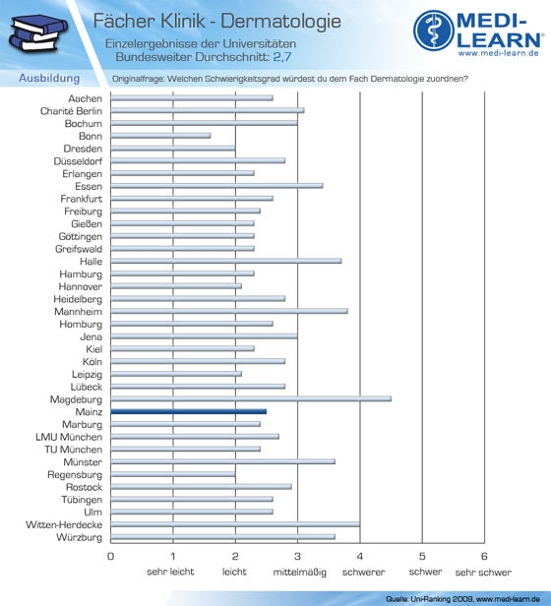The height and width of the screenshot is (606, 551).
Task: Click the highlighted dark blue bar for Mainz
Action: coord(189,411)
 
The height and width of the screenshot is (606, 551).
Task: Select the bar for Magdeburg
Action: coord(251,398)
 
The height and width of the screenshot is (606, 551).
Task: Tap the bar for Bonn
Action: coord(160,136)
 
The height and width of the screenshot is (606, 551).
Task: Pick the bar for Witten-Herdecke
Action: coord(235,524)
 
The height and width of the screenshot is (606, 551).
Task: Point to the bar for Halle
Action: coord(226,261)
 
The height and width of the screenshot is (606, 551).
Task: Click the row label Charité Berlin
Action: coord(71,111)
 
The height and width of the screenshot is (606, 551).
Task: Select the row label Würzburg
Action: coord(80,537)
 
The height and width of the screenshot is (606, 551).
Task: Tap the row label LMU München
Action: coord(69,437)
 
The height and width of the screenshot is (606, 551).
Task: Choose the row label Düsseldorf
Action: coord(78,161)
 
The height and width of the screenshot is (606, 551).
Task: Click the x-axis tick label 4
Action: coord(360,557)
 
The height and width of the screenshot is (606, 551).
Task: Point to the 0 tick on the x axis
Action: coord(110,557)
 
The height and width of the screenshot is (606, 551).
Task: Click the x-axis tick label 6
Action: coord(484,557)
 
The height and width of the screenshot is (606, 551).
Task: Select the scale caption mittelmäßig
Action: coord(300,573)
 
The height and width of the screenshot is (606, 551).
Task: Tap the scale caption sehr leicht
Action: coord(170,572)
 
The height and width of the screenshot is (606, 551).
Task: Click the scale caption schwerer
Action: coord(363,573)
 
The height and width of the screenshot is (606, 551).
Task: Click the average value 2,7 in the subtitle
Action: coord(282,57)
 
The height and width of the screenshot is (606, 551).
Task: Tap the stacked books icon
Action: coord(38,32)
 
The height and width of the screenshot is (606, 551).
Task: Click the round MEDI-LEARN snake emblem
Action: coord(434,30)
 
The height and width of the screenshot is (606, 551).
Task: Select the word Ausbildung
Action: coord(49,79)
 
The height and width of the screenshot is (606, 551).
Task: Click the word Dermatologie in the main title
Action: coord(281,21)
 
